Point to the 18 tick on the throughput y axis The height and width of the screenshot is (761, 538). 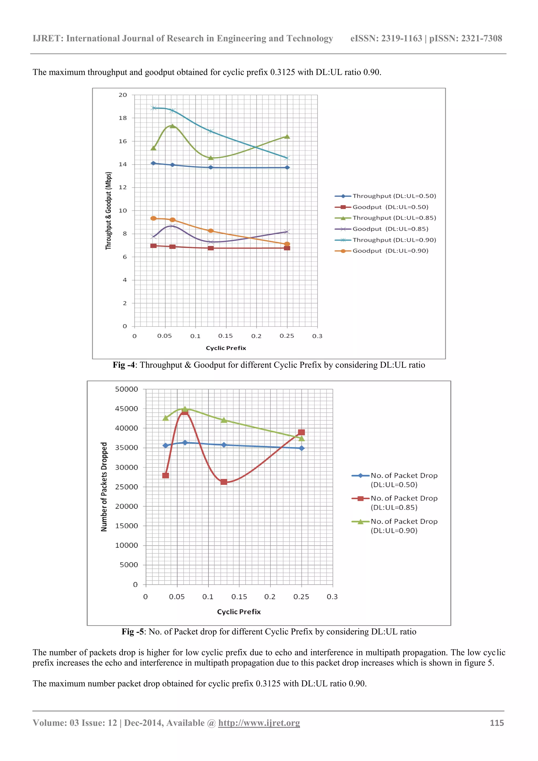(x=123, y=118)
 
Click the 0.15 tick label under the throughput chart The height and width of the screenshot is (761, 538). (x=225, y=336)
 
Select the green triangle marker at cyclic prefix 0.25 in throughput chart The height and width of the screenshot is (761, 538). (x=287, y=137)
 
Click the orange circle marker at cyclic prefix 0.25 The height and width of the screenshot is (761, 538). (x=287, y=244)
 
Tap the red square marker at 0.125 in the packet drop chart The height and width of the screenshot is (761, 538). (x=224, y=482)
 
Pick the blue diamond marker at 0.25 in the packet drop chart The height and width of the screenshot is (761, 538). (x=302, y=448)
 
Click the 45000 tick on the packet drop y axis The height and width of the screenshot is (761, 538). (x=126, y=409)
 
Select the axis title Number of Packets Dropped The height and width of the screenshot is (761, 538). (x=104, y=487)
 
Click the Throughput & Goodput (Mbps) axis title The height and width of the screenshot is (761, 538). (x=108, y=211)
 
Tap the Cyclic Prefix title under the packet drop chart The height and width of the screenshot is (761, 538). (x=239, y=612)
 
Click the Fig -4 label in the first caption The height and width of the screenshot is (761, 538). (x=124, y=365)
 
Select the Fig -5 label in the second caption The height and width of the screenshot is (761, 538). (x=133, y=631)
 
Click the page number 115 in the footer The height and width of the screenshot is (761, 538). (x=496, y=723)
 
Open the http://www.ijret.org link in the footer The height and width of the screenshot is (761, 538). (x=259, y=723)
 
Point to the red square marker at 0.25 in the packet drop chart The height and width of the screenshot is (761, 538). (x=301, y=432)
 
